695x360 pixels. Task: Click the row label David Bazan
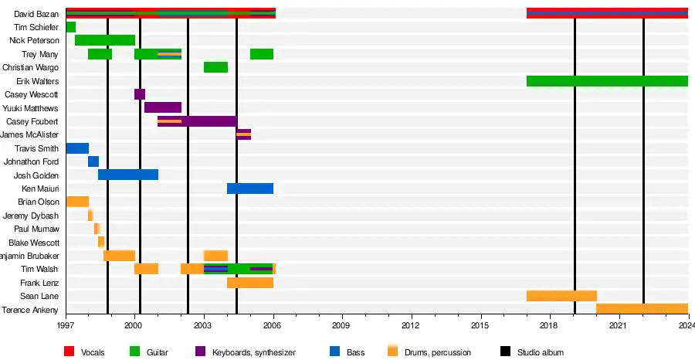[36, 14]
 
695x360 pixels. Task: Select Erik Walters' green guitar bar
[607, 81]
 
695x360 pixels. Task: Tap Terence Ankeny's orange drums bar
[642, 309]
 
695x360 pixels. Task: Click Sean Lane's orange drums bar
[561, 296]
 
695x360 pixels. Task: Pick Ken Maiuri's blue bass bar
[250, 188]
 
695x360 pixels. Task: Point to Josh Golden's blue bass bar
[128, 175]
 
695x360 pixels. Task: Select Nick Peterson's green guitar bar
[105, 40]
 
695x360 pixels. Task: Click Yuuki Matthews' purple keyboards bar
[163, 107]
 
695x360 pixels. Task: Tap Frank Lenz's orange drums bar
[250, 283]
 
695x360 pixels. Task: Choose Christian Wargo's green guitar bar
[215, 67]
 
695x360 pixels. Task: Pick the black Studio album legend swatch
[506, 352]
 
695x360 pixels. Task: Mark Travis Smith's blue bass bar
[77, 148]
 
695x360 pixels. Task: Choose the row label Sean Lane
[39, 296]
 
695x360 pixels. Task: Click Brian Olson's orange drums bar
[77, 202]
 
